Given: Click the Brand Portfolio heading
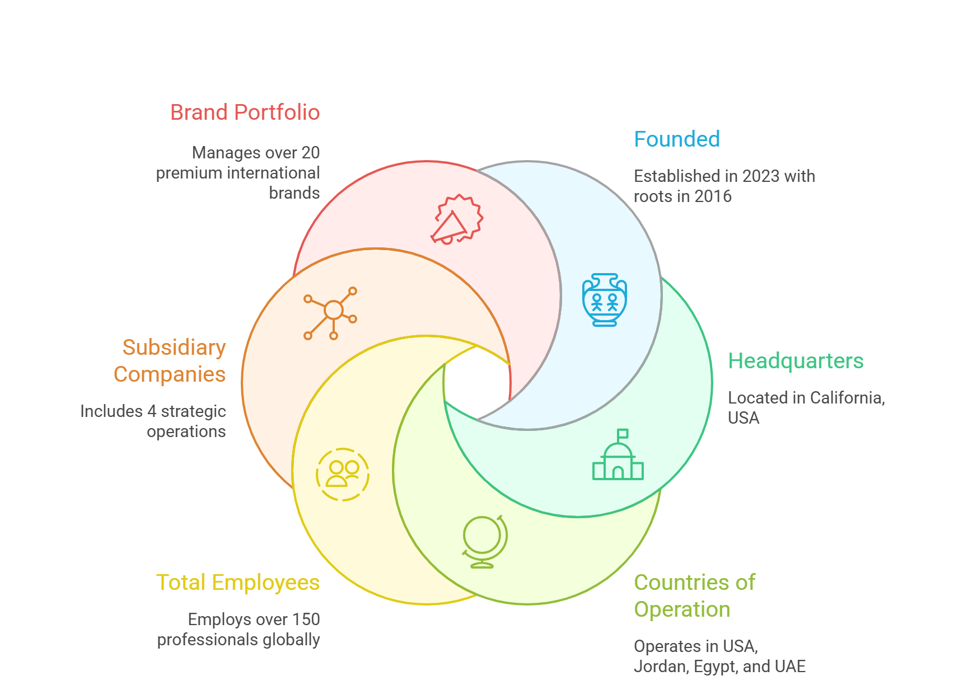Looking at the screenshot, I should (x=245, y=112).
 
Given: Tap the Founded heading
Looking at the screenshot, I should (x=676, y=139).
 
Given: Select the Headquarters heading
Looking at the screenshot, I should (x=796, y=361).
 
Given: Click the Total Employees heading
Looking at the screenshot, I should (x=238, y=583).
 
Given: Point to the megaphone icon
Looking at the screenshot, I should (x=456, y=219).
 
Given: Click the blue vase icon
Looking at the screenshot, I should (x=604, y=299).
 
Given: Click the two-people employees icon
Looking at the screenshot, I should (x=343, y=474).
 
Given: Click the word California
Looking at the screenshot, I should (x=847, y=398).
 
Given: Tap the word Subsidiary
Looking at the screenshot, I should (x=174, y=348).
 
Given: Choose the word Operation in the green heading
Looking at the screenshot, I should (x=681, y=609).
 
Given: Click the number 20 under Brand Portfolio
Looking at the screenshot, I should (x=310, y=153).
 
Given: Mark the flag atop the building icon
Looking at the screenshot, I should (x=623, y=434).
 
